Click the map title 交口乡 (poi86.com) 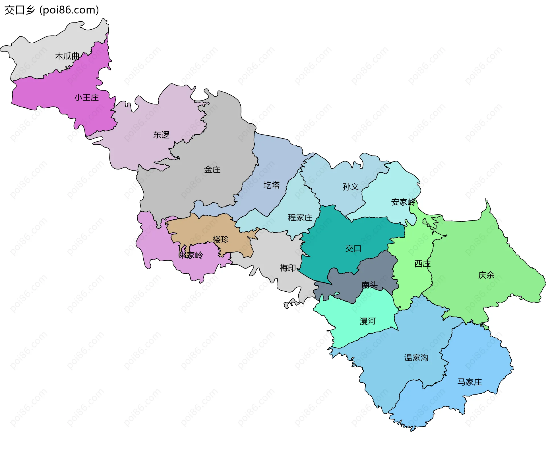click(x=51, y=10)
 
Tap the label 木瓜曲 click(x=67, y=56)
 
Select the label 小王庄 click(x=86, y=98)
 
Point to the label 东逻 click(x=161, y=135)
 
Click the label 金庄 click(x=212, y=170)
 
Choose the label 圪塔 click(x=271, y=185)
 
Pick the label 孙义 click(x=350, y=187)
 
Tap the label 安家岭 click(x=403, y=202)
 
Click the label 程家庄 click(x=300, y=218)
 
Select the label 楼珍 click(x=220, y=239)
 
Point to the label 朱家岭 click(x=191, y=255)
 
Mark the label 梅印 click(x=288, y=268)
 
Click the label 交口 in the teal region click(x=353, y=249)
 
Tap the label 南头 click(x=369, y=285)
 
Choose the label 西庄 click(x=422, y=264)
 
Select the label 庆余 click(x=486, y=275)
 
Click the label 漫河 click(x=368, y=321)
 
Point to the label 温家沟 click(x=416, y=358)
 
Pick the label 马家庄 click(x=470, y=382)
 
